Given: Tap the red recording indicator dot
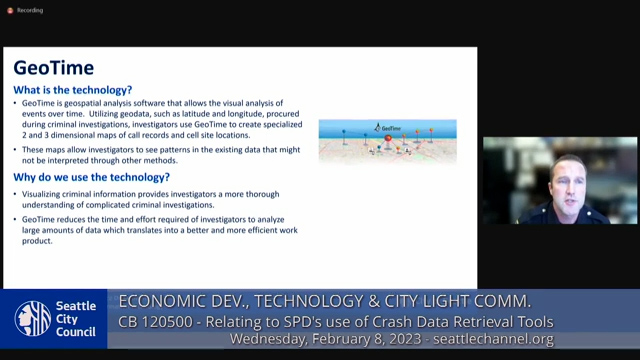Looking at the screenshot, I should (10, 10).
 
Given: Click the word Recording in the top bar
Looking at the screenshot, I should (30, 10).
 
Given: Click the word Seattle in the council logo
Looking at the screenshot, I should (77, 307).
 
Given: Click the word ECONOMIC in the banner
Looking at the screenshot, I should (160, 301).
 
